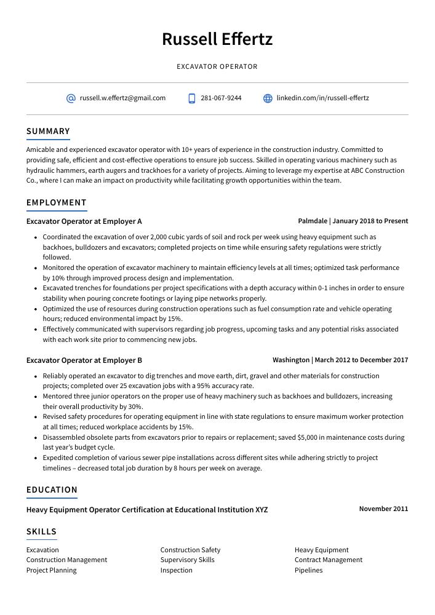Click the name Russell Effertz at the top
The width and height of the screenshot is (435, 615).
coord(217,39)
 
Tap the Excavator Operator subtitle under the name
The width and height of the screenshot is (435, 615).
coord(217,66)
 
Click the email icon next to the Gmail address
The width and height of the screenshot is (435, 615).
coord(71,98)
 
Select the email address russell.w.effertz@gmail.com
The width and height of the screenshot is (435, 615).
coord(122,98)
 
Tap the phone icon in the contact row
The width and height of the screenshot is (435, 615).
coord(192,98)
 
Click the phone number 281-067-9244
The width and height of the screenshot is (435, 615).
coord(221,98)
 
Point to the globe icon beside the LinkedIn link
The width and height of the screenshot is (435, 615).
coord(268,98)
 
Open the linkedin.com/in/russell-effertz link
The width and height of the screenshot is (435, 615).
coord(322,98)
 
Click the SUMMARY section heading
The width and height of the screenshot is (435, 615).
coord(48,132)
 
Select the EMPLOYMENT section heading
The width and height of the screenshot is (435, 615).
coord(57,203)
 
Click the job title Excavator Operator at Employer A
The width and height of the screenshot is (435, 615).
coord(84,221)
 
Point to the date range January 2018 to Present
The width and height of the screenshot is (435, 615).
coord(370,221)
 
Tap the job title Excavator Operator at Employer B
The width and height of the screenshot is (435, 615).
coord(84,360)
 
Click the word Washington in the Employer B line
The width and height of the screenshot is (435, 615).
coord(291,360)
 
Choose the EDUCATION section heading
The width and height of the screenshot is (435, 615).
coord(52,490)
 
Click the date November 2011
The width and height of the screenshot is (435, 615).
coord(383,509)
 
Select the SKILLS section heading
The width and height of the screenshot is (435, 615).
coord(41,532)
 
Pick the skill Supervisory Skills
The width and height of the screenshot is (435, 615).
coord(187,560)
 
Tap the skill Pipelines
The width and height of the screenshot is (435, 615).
coord(308,571)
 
